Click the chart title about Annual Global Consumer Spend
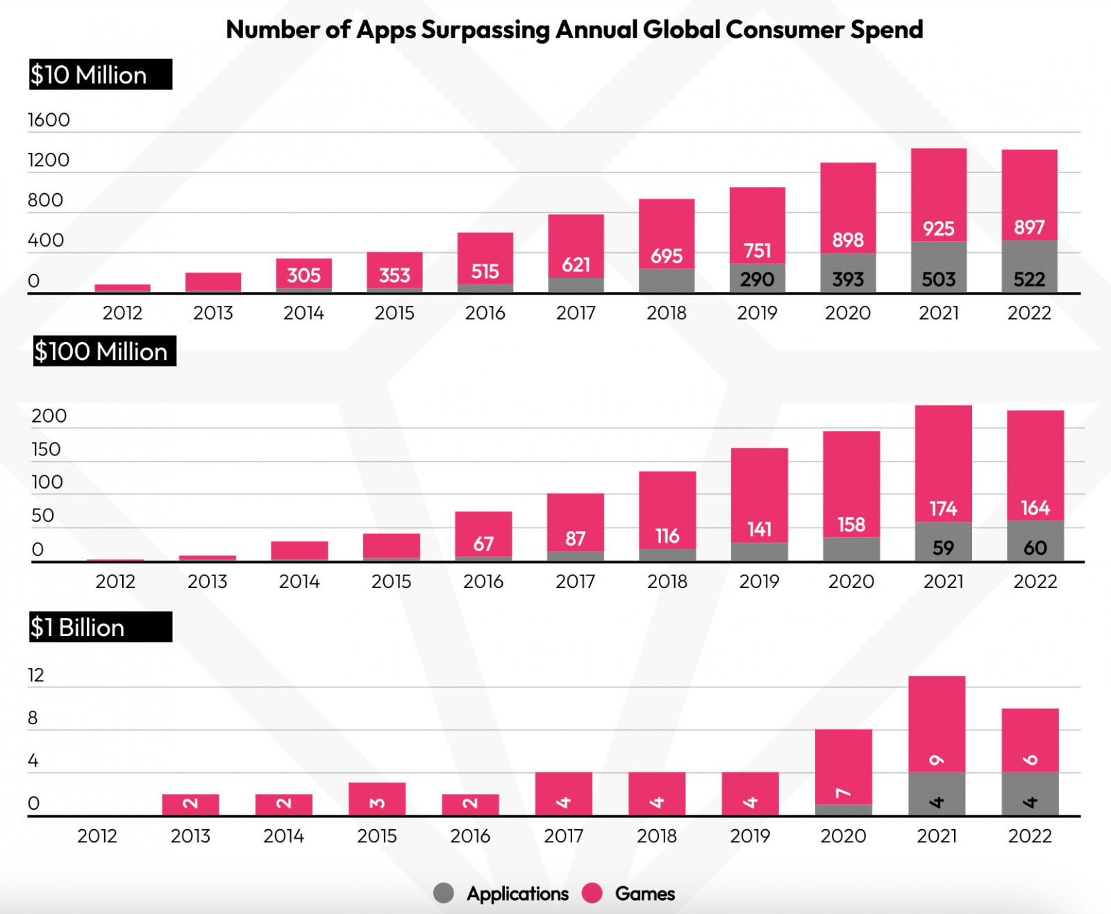coord(574,30)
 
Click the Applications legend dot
coord(444,893)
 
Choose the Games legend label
coord(644,894)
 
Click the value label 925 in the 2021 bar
coord(938,229)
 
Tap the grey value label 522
coord(1029,279)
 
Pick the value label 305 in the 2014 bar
coord(303,275)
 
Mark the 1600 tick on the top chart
coord(49,120)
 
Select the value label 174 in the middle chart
coord(943,509)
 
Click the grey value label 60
coord(1035,548)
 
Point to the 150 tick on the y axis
coord(46,449)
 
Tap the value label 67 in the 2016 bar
coord(483,544)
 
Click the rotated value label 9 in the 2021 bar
coord(937,760)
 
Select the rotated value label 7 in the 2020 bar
coord(843,793)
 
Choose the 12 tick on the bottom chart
coord(35,675)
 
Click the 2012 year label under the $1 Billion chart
coord(97,835)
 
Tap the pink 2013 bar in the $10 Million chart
coord(213,281)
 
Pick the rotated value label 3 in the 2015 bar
coord(377,803)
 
